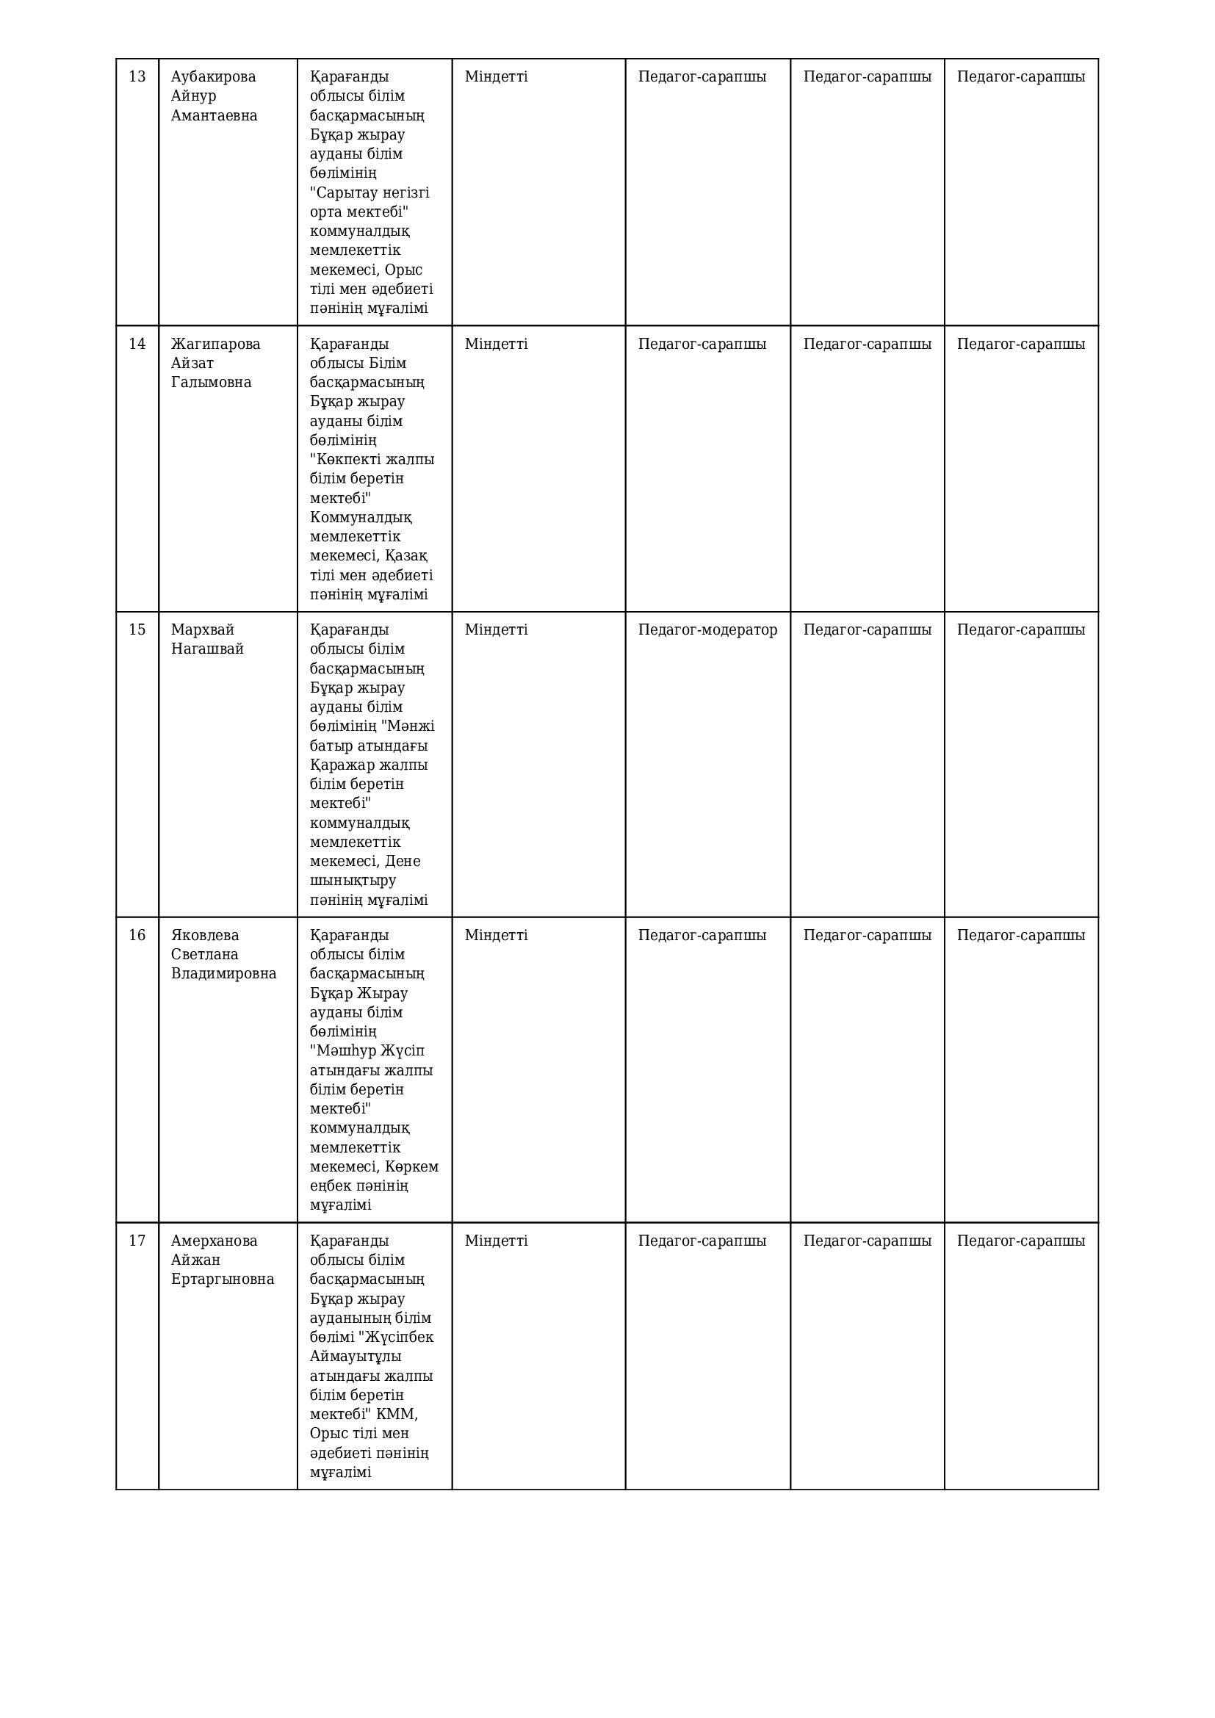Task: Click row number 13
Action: (x=137, y=76)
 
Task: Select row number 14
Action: (x=137, y=344)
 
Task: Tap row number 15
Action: (x=137, y=629)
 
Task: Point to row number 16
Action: (x=137, y=935)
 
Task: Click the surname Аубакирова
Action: (x=213, y=76)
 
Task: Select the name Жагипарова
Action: (x=215, y=344)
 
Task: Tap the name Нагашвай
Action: (x=207, y=649)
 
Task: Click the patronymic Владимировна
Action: (x=224, y=973)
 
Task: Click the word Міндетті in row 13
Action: (x=496, y=76)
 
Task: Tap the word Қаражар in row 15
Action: (x=339, y=765)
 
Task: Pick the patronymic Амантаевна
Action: (x=214, y=115)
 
